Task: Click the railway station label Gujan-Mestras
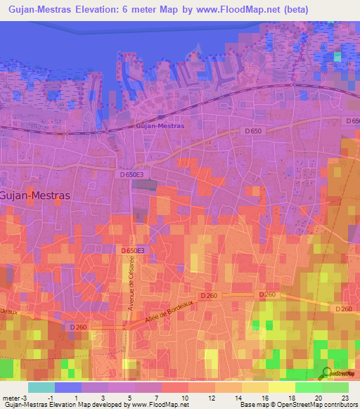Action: tap(160, 126)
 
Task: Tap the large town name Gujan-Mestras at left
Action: tap(35, 196)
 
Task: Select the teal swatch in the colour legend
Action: tap(41, 387)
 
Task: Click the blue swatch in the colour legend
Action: tap(67, 387)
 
